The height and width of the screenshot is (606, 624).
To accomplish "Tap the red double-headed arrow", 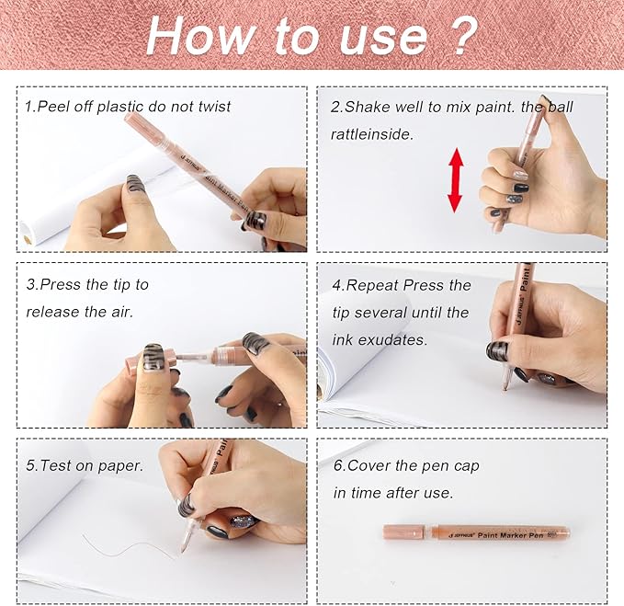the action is pyautogui.click(x=456, y=180).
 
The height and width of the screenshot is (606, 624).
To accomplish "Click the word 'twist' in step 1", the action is pyautogui.click(x=214, y=107).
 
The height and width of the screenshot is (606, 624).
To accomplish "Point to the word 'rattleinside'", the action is pyautogui.click(x=371, y=134).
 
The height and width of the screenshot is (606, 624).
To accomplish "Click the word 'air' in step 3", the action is pyautogui.click(x=121, y=312).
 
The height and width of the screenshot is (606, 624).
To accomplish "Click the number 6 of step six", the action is pyautogui.click(x=338, y=465).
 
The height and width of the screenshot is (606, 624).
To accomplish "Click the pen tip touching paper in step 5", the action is pyautogui.click(x=183, y=550).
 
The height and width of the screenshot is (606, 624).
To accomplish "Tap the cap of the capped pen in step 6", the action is pyautogui.click(x=404, y=532).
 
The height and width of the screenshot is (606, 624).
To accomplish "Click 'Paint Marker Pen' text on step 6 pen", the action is pyautogui.click(x=511, y=535).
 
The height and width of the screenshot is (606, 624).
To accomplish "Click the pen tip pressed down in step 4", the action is pyautogui.click(x=504, y=386).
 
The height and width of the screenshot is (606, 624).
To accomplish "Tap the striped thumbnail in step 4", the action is pyautogui.click(x=497, y=351).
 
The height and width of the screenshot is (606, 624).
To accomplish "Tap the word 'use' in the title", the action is pyautogui.click(x=384, y=39).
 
